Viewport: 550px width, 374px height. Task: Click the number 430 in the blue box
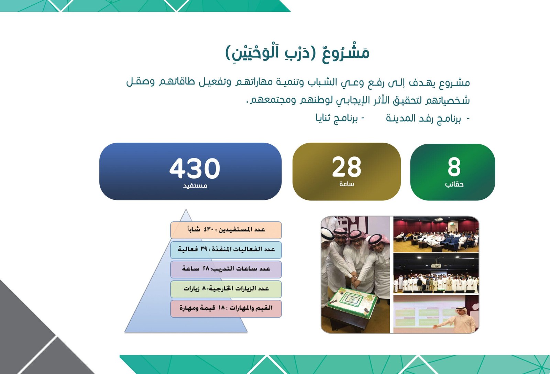195,168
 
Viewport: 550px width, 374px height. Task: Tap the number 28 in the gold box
346,167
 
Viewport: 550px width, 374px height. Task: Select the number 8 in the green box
454,167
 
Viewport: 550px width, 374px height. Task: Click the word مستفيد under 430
195,185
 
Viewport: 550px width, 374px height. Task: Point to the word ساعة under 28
347,184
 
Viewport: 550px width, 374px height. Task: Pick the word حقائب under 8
454,184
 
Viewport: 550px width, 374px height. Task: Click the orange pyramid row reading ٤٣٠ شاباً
226,230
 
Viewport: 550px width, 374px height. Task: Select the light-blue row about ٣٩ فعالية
226,250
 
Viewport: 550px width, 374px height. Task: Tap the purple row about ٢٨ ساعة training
226,269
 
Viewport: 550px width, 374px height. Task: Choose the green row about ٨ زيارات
226,289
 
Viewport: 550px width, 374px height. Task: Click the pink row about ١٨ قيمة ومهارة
226,308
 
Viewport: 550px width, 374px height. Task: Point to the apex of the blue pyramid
186,209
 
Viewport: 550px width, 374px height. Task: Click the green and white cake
352,302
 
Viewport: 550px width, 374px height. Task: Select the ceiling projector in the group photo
436,265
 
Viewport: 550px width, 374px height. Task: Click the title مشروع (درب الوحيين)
297,53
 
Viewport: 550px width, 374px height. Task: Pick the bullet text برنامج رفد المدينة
423,119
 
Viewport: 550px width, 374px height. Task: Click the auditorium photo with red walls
436,234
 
